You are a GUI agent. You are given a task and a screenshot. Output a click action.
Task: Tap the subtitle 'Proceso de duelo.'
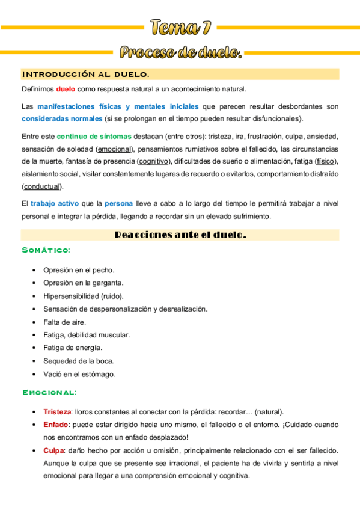point(180,53)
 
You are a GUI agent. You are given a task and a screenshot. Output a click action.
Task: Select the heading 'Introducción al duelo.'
point(85,74)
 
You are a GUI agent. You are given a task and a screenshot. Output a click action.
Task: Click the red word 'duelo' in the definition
point(66,90)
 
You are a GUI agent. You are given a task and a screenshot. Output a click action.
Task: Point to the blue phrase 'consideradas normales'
point(54,118)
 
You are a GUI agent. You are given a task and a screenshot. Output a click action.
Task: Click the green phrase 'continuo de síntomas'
point(91,136)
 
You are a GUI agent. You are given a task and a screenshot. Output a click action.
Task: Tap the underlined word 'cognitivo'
point(154,161)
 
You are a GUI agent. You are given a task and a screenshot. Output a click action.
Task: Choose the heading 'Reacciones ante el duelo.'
point(180,235)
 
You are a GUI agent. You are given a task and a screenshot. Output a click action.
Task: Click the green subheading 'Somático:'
point(46,250)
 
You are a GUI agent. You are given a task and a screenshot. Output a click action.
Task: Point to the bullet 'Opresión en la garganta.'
point(84,283)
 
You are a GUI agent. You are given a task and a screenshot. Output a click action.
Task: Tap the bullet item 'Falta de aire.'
point(65,322)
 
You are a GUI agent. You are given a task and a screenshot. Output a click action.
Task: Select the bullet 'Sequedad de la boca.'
point(79,361)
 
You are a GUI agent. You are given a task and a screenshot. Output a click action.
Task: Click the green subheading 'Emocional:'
point(49,393)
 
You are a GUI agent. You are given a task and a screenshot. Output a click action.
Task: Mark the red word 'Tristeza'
point(57,412)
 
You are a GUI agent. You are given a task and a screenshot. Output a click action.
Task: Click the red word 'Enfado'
point(55,425)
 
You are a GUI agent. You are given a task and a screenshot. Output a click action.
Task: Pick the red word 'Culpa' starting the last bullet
point(53,450)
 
